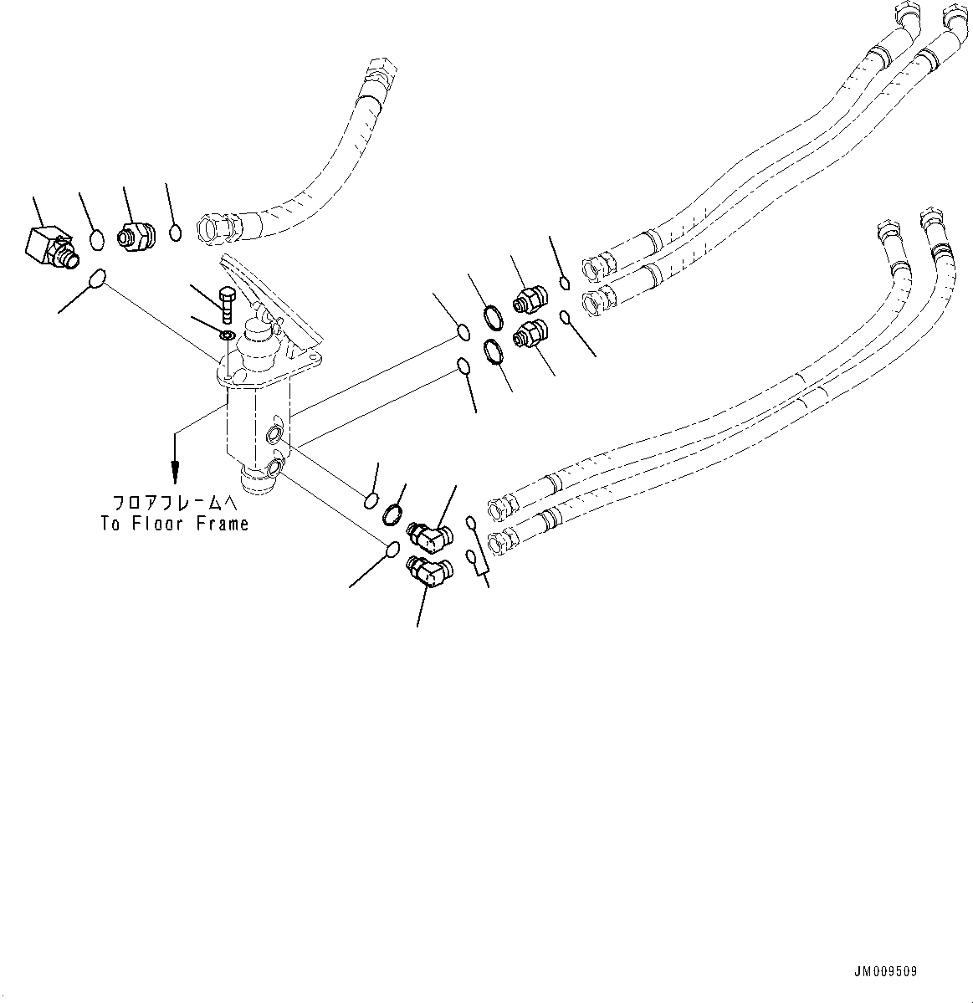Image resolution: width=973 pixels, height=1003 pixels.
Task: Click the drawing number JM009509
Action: [885, 972]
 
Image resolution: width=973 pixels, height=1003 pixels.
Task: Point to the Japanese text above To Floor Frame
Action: [175, 504]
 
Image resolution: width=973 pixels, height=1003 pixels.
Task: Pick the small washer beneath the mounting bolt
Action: [227, 335]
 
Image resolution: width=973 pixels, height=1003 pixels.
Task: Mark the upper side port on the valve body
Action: [274, 433]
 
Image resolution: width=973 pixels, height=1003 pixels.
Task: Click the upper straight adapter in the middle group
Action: [530, 297]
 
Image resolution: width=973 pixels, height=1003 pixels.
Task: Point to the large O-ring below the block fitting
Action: [98, 278]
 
